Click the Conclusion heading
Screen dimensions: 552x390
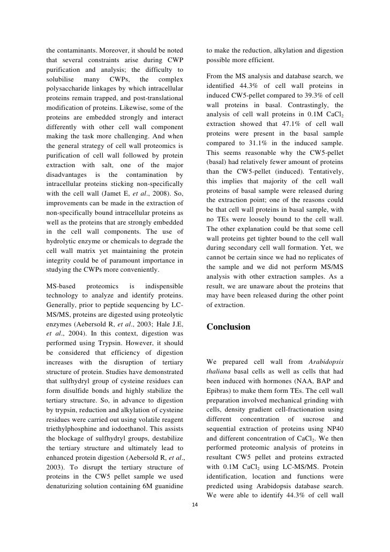pyautogui.click(x=228, y=326)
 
